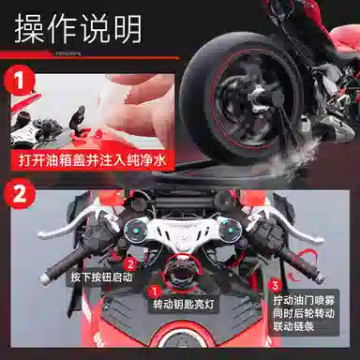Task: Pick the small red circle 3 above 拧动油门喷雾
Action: pos(275,282)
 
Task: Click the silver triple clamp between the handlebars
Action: pos(180,229)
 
